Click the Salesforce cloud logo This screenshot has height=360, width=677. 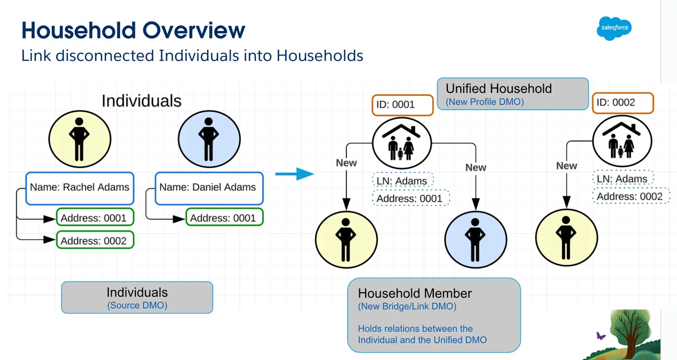614,28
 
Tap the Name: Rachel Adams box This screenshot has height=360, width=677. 80,188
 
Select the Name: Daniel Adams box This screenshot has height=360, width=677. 209,188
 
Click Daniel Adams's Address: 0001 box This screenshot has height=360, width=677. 225,217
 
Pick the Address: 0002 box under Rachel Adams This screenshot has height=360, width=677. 95,240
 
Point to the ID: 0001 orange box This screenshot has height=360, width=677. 403,105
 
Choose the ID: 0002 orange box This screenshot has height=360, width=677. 623,103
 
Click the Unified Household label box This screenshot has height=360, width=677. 513,94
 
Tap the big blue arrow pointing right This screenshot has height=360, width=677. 294,174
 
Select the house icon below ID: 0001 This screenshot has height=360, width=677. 402,143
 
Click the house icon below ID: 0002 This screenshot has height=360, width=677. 622,141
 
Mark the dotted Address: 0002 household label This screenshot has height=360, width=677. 631,196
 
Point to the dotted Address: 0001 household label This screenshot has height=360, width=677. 411,198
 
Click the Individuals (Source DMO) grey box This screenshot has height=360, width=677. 137,298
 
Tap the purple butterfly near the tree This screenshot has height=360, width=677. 600,336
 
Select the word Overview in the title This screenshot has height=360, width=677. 194,30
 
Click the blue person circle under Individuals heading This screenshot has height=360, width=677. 209,139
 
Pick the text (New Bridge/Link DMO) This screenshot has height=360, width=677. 407,306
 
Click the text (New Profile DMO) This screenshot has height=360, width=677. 485,102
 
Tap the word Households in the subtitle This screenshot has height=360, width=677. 320,56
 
